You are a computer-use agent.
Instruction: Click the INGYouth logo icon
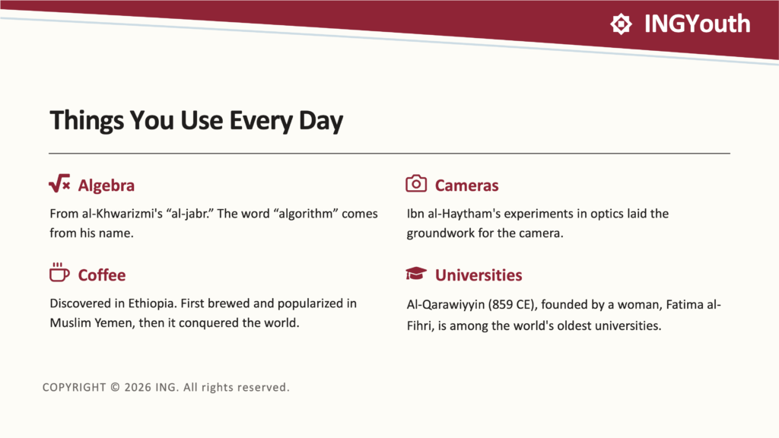pos(621,24)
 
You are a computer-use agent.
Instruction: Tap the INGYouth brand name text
pos(697,24)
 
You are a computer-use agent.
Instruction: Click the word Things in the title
pos(87,121)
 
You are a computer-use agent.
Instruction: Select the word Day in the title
pos(321,121)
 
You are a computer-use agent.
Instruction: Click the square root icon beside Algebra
pos(59,183)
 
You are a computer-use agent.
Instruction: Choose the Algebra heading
pos(107,186)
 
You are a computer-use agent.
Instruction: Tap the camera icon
pos(416,183)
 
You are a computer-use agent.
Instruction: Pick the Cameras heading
pos(466,186)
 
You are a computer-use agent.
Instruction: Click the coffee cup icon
pos(59,272)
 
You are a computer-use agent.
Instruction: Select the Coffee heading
pos(102,275)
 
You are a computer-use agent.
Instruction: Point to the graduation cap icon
pos(416,273)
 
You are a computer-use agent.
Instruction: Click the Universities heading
pos(479,275)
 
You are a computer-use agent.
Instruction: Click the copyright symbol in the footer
pos(116,387)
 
